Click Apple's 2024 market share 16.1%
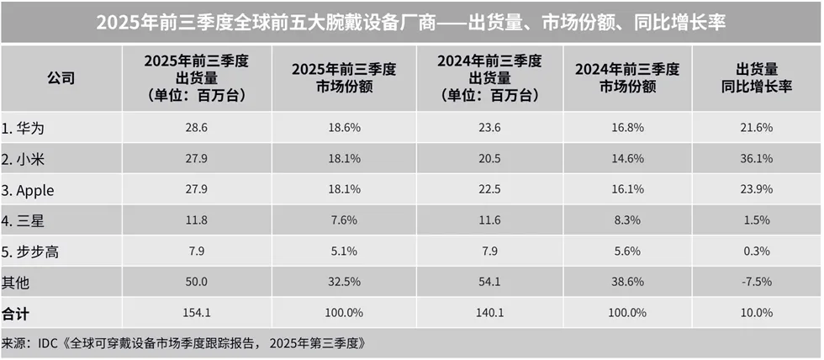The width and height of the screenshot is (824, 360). pos(628,190)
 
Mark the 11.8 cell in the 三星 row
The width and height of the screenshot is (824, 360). pos(196,222)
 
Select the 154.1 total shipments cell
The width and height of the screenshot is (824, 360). pos(196,313)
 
